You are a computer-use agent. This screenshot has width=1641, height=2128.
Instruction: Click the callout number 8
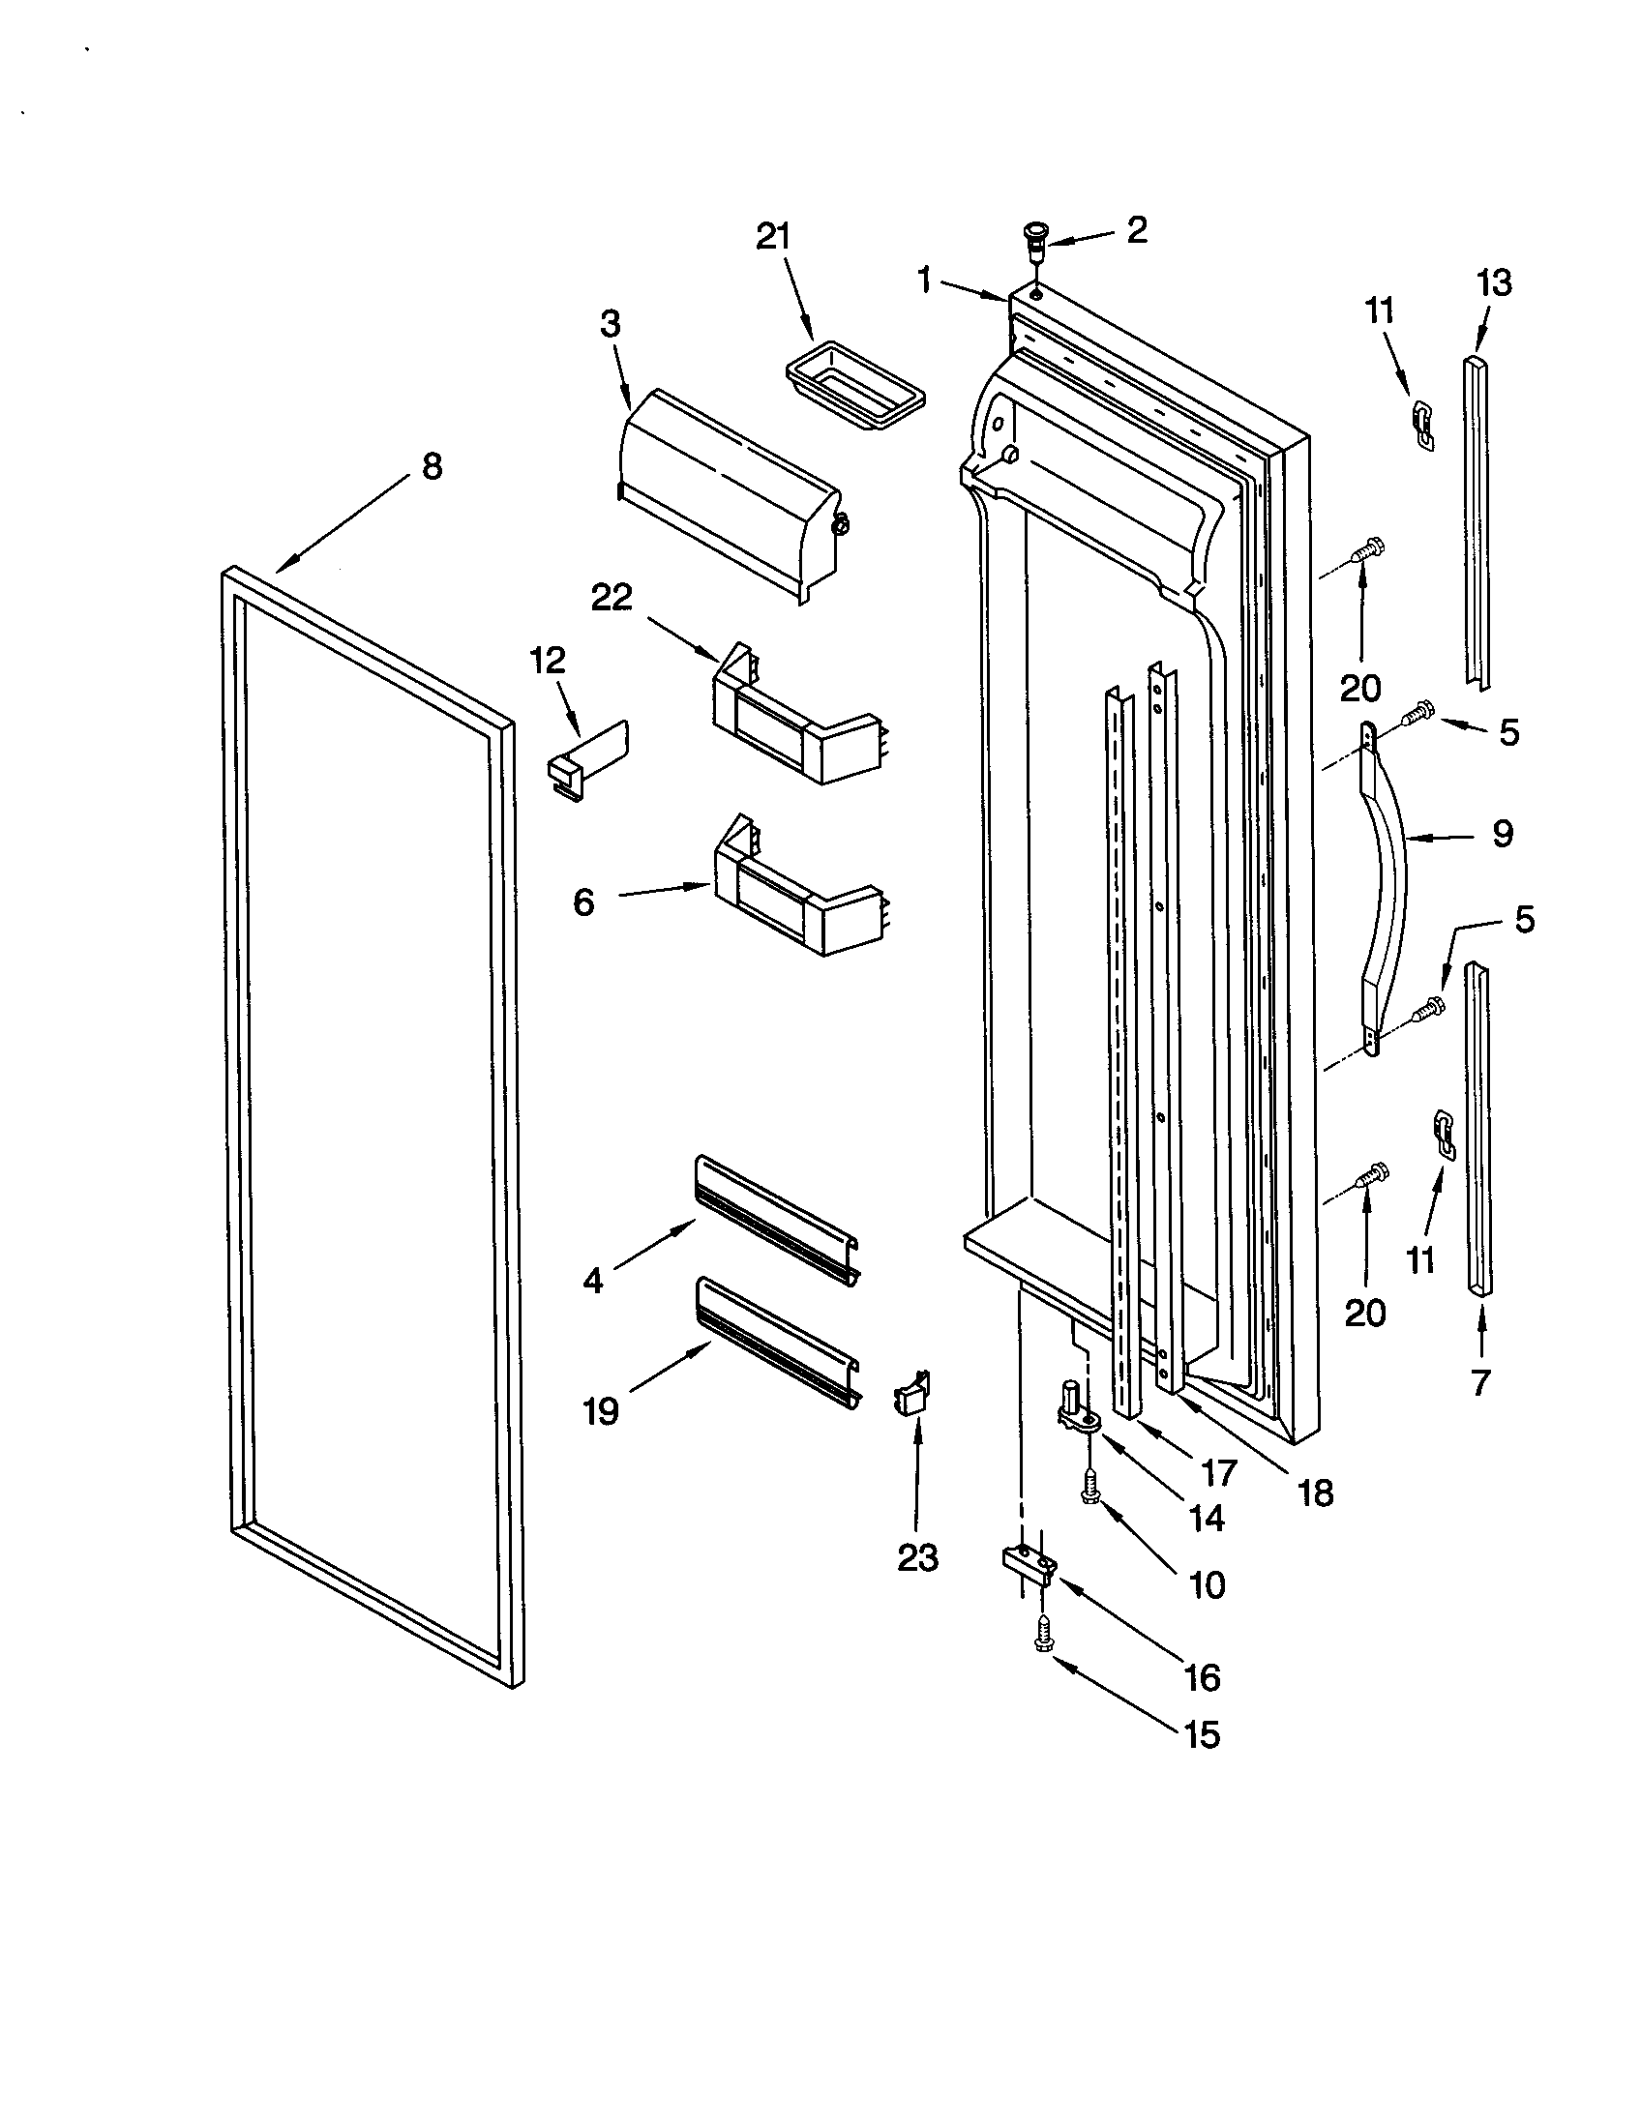pos(432,467)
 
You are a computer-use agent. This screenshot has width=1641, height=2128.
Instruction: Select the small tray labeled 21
pos(853,390)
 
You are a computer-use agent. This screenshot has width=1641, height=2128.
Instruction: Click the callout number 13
pos(1494,283)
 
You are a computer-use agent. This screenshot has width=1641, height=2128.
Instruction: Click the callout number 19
pos(601,1410)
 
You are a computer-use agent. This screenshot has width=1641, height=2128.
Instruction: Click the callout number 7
pos(1481,1381)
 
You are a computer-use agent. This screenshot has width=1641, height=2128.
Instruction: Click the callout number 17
pos(1218,1472)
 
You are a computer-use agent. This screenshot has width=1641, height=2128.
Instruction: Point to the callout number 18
pos(1317,1492)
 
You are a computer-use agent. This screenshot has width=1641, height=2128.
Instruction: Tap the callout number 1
pos(924,281)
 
